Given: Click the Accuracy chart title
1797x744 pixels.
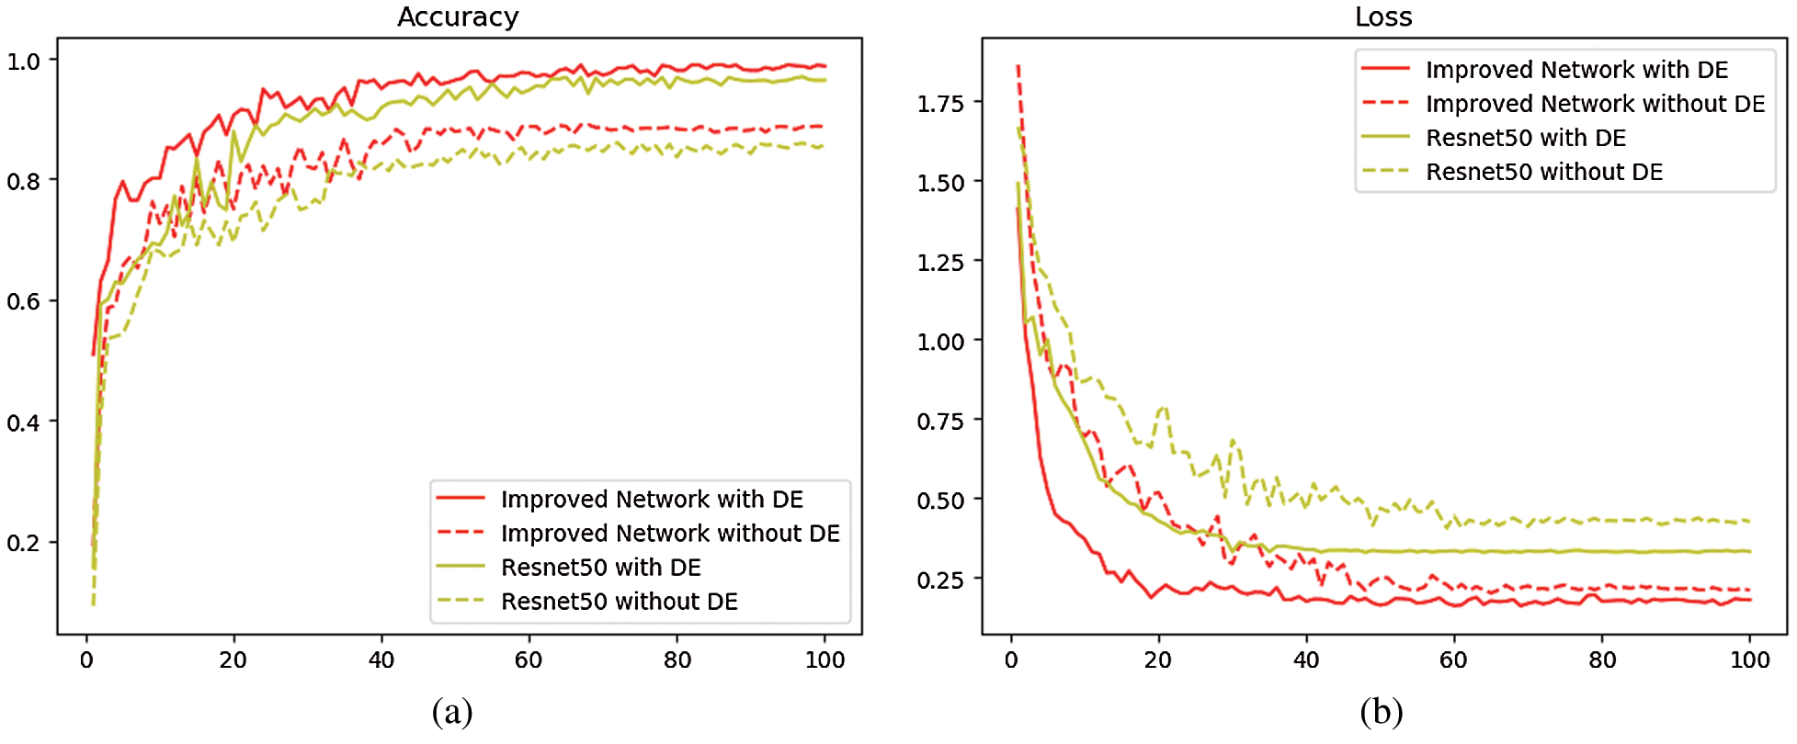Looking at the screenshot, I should click(x=458, y=17).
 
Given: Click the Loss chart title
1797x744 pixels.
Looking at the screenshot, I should click(x=1383, y=17).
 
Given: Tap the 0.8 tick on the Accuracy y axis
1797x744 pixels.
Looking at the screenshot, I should click(x=24, y=181).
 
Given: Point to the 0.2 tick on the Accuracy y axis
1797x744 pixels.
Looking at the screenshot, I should click(x=24, y=543).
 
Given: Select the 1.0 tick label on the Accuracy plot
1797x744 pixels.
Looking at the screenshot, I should click(x=24, y=62).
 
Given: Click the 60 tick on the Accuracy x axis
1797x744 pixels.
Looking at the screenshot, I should click(x=529, y=659).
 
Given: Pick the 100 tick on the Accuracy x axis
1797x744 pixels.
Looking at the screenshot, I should click(x=825, y=659).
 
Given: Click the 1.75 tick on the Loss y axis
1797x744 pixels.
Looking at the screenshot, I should click(x=940, y=103).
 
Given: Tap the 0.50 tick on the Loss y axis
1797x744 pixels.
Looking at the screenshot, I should click(x=940, y=501).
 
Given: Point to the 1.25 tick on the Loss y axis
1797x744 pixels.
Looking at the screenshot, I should click(x=940, y=262).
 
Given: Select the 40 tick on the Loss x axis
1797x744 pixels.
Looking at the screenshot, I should click(x=1306, y=659).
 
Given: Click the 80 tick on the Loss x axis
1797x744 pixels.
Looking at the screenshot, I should click(x=1602, y=659).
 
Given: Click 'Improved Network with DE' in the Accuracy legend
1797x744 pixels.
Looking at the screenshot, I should click(x=652, y=499).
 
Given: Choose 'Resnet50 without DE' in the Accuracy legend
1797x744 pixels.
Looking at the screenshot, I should click(x=619, y=601).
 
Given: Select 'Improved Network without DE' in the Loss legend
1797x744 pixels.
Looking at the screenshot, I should click(x=1595, y=104).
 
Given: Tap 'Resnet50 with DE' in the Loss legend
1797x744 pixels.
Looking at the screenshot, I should click(x=1525, y=138).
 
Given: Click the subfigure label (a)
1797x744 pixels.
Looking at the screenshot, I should click(x=451, y=712).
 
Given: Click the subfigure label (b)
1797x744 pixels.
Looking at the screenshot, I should click(x=1381, y=712).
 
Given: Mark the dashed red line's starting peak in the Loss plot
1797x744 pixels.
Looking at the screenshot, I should click(x=1018, y=66).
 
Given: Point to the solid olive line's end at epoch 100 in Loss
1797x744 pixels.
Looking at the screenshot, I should click(x=1749, y=551).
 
